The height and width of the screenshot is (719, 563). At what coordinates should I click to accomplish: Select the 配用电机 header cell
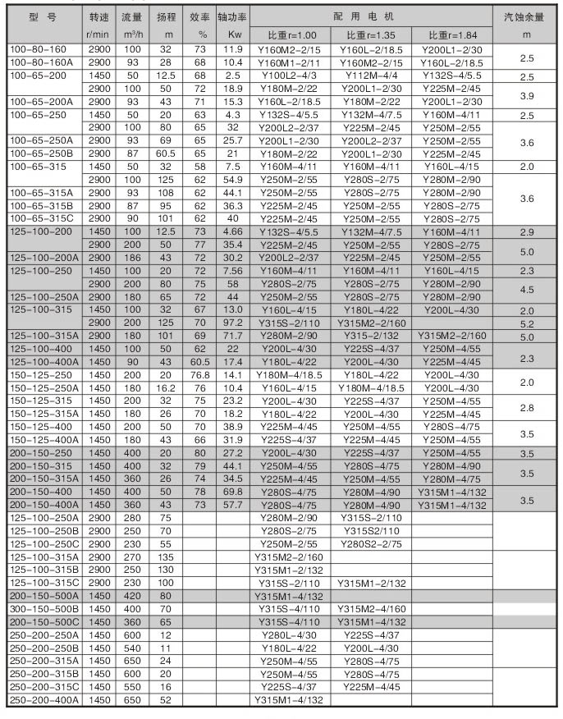point(369,16)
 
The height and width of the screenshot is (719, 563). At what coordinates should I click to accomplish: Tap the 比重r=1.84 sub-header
point(451,35)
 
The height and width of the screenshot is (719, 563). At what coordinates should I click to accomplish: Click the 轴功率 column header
point(232,17)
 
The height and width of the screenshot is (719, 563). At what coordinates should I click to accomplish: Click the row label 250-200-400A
point(43,699)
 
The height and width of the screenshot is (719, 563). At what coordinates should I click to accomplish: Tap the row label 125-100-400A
point(43,362)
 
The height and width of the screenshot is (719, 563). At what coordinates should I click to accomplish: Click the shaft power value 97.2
point(232,323)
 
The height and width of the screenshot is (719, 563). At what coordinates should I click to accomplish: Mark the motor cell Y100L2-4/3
point(288,76)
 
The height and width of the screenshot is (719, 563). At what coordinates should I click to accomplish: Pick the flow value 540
point(133,648)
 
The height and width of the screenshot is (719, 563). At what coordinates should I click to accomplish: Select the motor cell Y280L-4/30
point(288,634)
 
